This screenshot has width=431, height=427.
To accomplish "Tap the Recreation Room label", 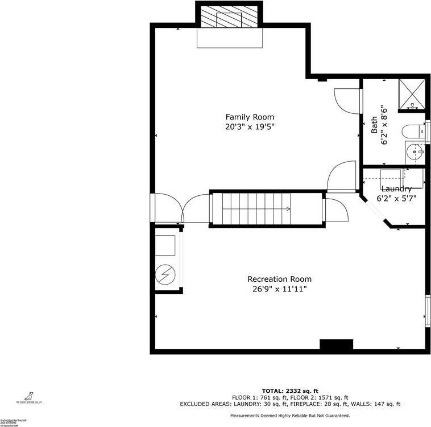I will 279,279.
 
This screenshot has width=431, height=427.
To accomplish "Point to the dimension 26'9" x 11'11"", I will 279,289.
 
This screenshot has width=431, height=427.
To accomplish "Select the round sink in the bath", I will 414,153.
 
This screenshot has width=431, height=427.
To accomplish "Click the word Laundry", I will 396,189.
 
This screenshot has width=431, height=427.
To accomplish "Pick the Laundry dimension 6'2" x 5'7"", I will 396,199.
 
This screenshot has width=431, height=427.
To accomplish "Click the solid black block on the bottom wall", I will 336,344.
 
